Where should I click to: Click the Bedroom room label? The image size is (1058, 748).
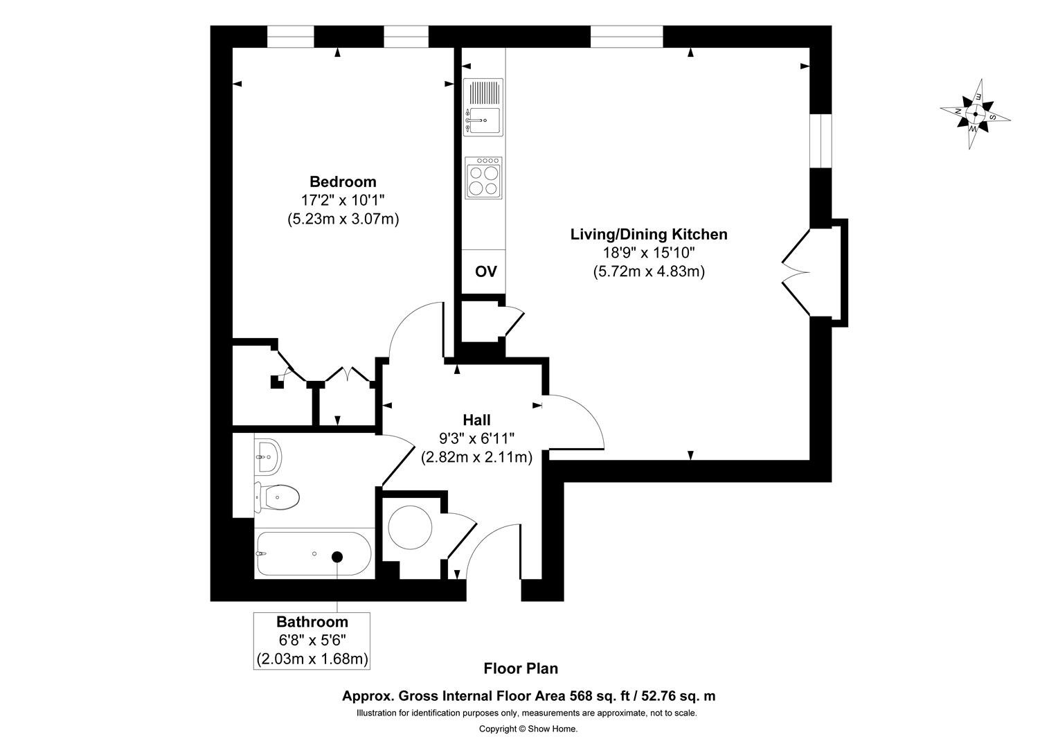click(343, 182)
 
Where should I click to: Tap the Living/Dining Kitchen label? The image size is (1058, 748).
click(648, 234)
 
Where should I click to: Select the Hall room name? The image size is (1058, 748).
click(476, 420)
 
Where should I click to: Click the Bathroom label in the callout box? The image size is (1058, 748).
click(312, 622)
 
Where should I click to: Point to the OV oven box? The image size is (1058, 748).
click(485, 271)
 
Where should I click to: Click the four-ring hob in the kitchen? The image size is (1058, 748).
click(483, 178)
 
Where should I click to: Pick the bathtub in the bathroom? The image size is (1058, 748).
click(314, 554)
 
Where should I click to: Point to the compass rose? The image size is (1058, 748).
click(975, 114)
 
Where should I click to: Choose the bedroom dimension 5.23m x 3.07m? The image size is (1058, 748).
click(343, 219)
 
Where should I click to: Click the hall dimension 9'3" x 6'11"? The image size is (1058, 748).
click(476, 438)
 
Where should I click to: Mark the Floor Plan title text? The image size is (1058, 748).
click(520, 668)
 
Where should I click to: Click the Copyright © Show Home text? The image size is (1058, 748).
click(528, 729)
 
